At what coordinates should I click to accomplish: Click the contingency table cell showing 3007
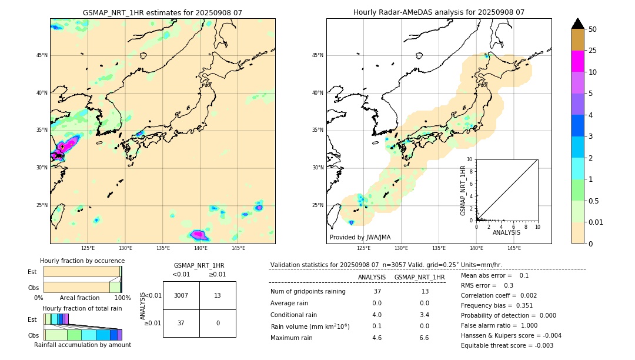(x=181, y=295)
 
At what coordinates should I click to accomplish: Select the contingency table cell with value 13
(x=218, y=295)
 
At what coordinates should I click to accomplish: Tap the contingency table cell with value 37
(x=181, y=323)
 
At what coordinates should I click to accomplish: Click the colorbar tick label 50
(x=593, y=29)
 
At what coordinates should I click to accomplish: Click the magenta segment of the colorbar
(x=577, y=61)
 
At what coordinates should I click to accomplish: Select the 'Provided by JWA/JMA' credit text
(x=360, y=238)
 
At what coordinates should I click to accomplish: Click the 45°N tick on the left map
(x=42, y=55)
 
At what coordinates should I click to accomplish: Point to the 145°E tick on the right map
(x=514, y=248)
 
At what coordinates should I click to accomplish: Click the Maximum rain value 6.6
(x=423, y=338)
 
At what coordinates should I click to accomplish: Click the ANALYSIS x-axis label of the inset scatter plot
(x=506, y=232)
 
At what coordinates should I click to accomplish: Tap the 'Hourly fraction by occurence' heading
(x=82, y=261)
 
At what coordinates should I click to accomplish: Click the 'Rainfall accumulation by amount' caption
(x=82, y=345)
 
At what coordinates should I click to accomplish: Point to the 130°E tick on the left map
(x=125, y=248)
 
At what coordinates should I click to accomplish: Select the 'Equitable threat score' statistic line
(x=507, y=345)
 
